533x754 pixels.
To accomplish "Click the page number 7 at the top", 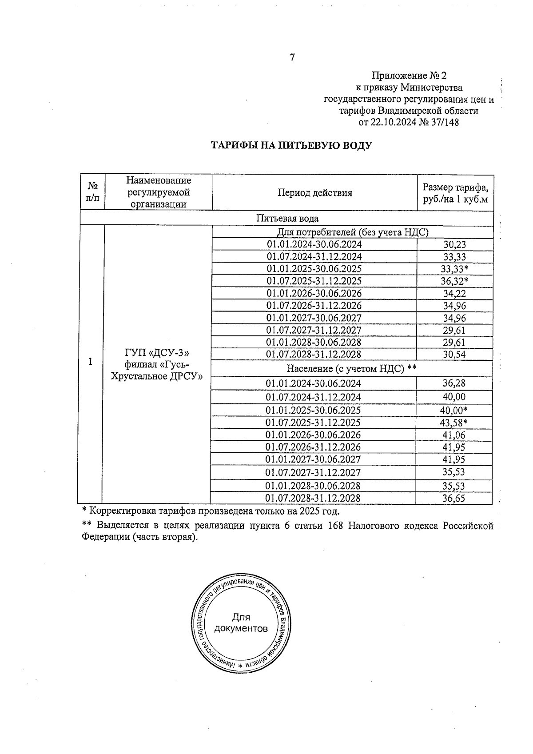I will (x=292, y=58).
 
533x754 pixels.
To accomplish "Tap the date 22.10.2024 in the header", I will (x=392, y=122).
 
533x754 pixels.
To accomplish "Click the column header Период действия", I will (x=314, y=193).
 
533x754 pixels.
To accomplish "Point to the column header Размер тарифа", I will (x=455, y=187).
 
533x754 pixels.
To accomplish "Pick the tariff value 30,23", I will (x=454, y=244).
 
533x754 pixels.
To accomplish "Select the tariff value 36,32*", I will (x=454, y=281).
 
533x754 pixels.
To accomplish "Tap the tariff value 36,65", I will (x=453, y=499).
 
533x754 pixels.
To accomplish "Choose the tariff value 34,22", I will (x=454, y=294).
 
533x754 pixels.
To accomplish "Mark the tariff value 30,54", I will (x=454, y=355).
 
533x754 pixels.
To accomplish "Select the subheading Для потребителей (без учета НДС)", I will (x=352, y=232).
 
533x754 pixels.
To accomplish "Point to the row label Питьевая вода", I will (x=287, y=218).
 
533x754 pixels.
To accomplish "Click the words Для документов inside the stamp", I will (x=241, y=623).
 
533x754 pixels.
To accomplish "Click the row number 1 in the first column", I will (x=91, y=362).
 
